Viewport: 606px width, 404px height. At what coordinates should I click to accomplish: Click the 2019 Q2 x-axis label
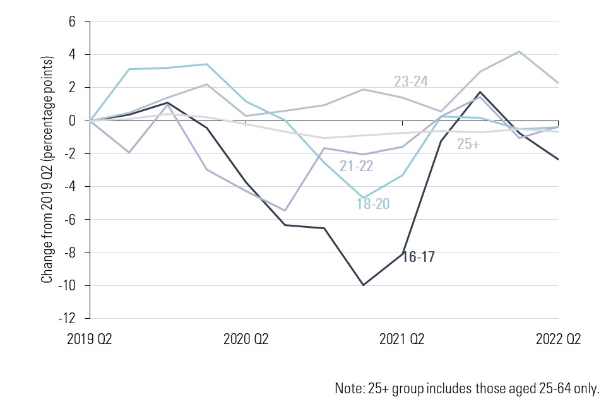coord(90,339)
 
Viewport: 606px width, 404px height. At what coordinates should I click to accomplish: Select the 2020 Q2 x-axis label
coord(246,339)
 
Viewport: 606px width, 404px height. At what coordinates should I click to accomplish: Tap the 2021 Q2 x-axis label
coord(402,339)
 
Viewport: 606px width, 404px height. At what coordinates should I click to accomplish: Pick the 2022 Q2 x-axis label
coord(559,339)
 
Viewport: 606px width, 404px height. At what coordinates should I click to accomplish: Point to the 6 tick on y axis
coord(71,22)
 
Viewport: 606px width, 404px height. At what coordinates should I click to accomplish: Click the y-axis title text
coord(47,169)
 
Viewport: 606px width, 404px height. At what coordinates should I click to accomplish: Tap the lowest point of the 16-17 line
coord(364,285)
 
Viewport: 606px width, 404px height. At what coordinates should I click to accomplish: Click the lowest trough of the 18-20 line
coord(364,198)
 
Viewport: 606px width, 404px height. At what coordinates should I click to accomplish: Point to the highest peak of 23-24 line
coord(520,51)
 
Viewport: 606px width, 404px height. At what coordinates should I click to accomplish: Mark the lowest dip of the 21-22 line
coord(285,210)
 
